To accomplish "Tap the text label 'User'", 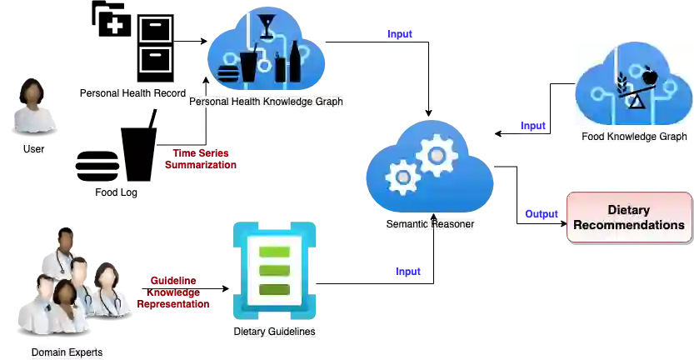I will [x=33, y=150].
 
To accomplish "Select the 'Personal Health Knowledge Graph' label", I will [x=266, y=102].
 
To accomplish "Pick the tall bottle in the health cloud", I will [x=294, y=62].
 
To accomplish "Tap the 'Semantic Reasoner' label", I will [x=431, y=224].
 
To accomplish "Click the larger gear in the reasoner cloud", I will [x=437, y=155].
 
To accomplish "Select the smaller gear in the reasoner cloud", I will [x=404, y=177].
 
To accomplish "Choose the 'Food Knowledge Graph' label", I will [x=634, y=137].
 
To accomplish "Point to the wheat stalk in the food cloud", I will [x=622, y=83].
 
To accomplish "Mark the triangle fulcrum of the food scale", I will [x=636, y=102].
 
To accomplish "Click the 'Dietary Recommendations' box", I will [x=629, y=217].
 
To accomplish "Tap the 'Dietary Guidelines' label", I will [x=275, y=332].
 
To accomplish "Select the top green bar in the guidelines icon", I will [x=274, y=252].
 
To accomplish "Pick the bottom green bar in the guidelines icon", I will [x=274, y=289].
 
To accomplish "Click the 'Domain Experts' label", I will [x=67, y=352].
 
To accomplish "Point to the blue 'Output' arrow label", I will [x=541, y=213].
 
